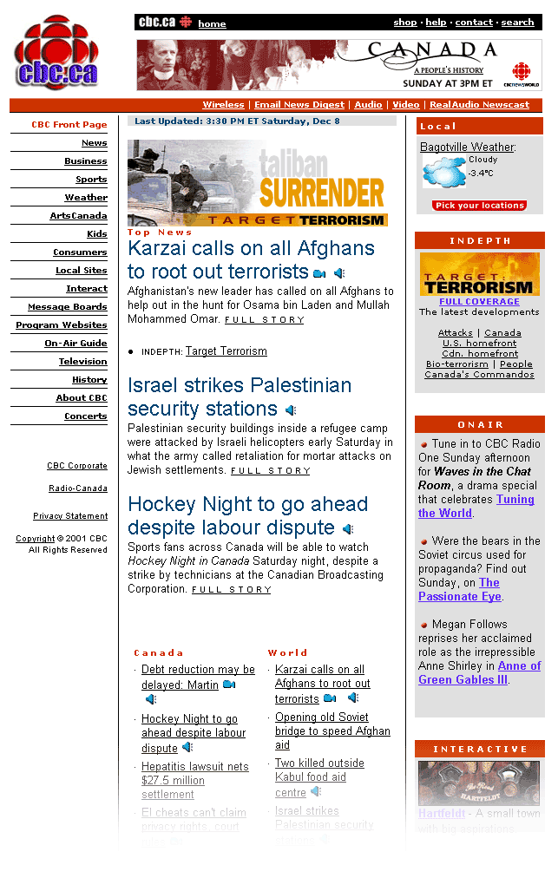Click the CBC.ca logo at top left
tap(56, 53)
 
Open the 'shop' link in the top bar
tap(404, 23)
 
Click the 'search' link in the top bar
tap(517, 23)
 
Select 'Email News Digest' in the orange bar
tap(299, 105)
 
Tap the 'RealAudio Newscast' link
tap(479, 105)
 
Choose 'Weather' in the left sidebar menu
tap(86, 198)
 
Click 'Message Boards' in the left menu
tap(67, 307)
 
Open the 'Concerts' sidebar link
tap(85, 416)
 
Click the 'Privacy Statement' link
tap(70, 516)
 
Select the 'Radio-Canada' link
tap(78, 488)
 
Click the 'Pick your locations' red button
tap(479, 206)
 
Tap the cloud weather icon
tap(443, 172)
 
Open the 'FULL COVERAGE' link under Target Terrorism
tap(479, 302)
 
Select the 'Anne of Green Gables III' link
tap(479, 673)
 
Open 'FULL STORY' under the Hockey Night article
tap(231, 590)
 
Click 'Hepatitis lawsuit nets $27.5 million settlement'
tap(194, 780)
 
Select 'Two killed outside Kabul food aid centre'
tap(318, 777)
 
